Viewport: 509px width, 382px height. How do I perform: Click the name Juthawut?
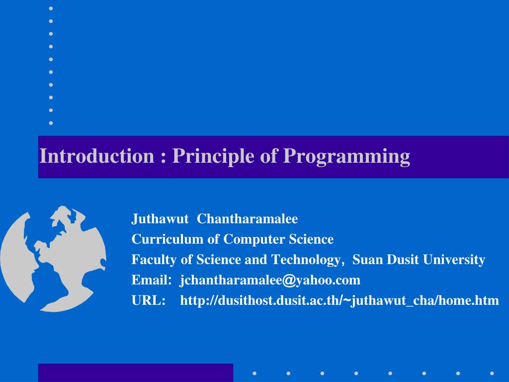[x=160, y=219]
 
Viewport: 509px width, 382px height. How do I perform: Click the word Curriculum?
[x=168, y=239]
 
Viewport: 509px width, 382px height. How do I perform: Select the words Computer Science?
[x=278, y=239]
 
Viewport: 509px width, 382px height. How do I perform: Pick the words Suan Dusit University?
[x=419, y=260]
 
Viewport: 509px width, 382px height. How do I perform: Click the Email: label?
[x=151, y=280]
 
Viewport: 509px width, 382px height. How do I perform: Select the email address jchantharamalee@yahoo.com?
[x=270, y=280]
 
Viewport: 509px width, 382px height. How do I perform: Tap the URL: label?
[x=148, y=300]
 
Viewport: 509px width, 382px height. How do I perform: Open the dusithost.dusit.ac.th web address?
[x=339, y=300]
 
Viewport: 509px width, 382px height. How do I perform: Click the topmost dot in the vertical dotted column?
[x=51, y=8]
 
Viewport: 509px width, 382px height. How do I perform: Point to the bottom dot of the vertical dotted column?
[x=51, y=122]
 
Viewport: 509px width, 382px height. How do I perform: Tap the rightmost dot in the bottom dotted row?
[x=492, y=373]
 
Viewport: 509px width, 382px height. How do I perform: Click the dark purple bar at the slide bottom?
[x=135, y=373]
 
